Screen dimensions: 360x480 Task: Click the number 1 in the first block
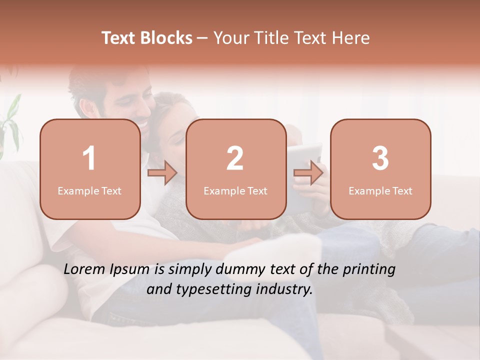89,158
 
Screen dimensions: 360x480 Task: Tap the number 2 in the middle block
235,158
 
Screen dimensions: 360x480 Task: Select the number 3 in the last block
380,158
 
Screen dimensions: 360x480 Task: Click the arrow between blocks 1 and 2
162,173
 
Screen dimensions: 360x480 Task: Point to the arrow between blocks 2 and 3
308,173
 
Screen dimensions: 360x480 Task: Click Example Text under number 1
89,190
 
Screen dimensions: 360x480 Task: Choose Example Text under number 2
235,190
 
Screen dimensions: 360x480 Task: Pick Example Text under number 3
380,190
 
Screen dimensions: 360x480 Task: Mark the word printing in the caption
369,270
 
